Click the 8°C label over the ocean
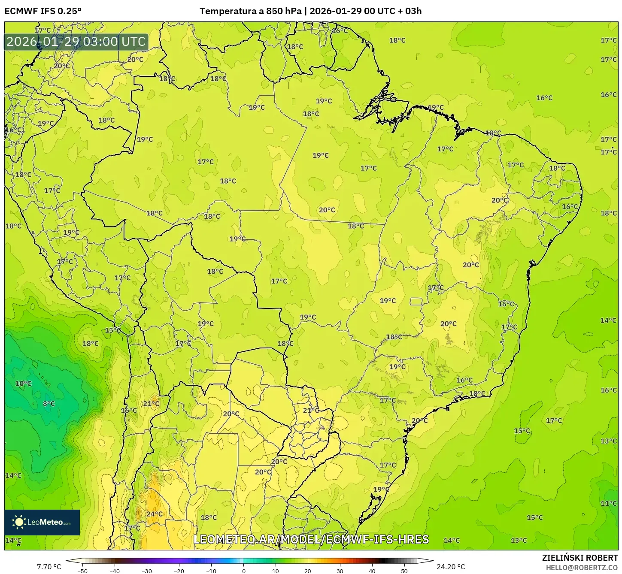coord(49,404)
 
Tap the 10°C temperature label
coord(24,384)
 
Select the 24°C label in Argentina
coord(155,514)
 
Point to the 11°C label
coord(608,504)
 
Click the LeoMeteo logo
coord(42,522)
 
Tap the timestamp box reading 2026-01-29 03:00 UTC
coord(76,42)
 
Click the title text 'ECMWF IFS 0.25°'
coord(43,11)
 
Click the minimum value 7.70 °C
coord(49,567)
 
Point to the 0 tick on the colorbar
coord(243,571)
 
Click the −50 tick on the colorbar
coord(82,571)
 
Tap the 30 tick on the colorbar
coord(340,571)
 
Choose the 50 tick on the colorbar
coord(404,571)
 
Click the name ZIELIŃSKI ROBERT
coord(580,558)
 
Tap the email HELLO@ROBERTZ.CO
coord(582,568)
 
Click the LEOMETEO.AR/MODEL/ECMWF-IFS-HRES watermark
coord(311,539)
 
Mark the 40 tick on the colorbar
coord(372,571)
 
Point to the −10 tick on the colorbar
coord(211,571)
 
